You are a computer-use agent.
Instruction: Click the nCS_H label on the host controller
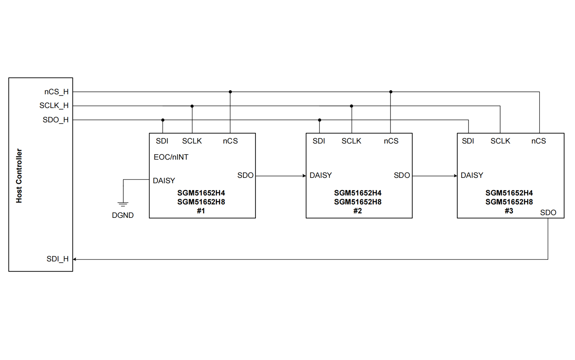click(x=56, y=92)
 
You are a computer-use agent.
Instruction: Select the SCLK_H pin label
click(x=54, y=105)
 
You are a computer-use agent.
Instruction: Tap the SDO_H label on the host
click(x=56, y=120)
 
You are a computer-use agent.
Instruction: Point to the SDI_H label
click(x=57, y=259)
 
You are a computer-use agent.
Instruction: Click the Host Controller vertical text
click(x=19, y=176)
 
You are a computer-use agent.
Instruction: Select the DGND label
click(x=123, y=215)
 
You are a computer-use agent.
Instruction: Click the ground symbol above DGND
click(x=123, y=204)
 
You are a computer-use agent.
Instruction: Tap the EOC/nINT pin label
click(x=171, y=157)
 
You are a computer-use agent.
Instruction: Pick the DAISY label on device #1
click(x=164, y=181)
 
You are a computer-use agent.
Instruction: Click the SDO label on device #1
click(x=245, y=175)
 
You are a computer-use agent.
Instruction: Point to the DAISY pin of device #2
click(x=321, y=175)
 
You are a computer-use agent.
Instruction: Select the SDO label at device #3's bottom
click(x=548, y=213)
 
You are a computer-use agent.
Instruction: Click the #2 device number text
click(x=357, y=211)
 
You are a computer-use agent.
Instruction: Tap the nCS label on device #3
click(x=538, y=141)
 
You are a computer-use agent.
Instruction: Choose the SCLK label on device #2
click(x=351, y=141)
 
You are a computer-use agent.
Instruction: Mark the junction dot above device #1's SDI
click(x=163, y=120)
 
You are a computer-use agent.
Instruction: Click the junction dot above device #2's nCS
click(x=391, y=92)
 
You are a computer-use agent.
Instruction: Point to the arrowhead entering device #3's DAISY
click(x=455, y=176)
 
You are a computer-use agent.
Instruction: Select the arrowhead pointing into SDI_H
click(x=75, y=259)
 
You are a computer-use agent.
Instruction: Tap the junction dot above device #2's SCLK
click(x=351, y=106)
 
